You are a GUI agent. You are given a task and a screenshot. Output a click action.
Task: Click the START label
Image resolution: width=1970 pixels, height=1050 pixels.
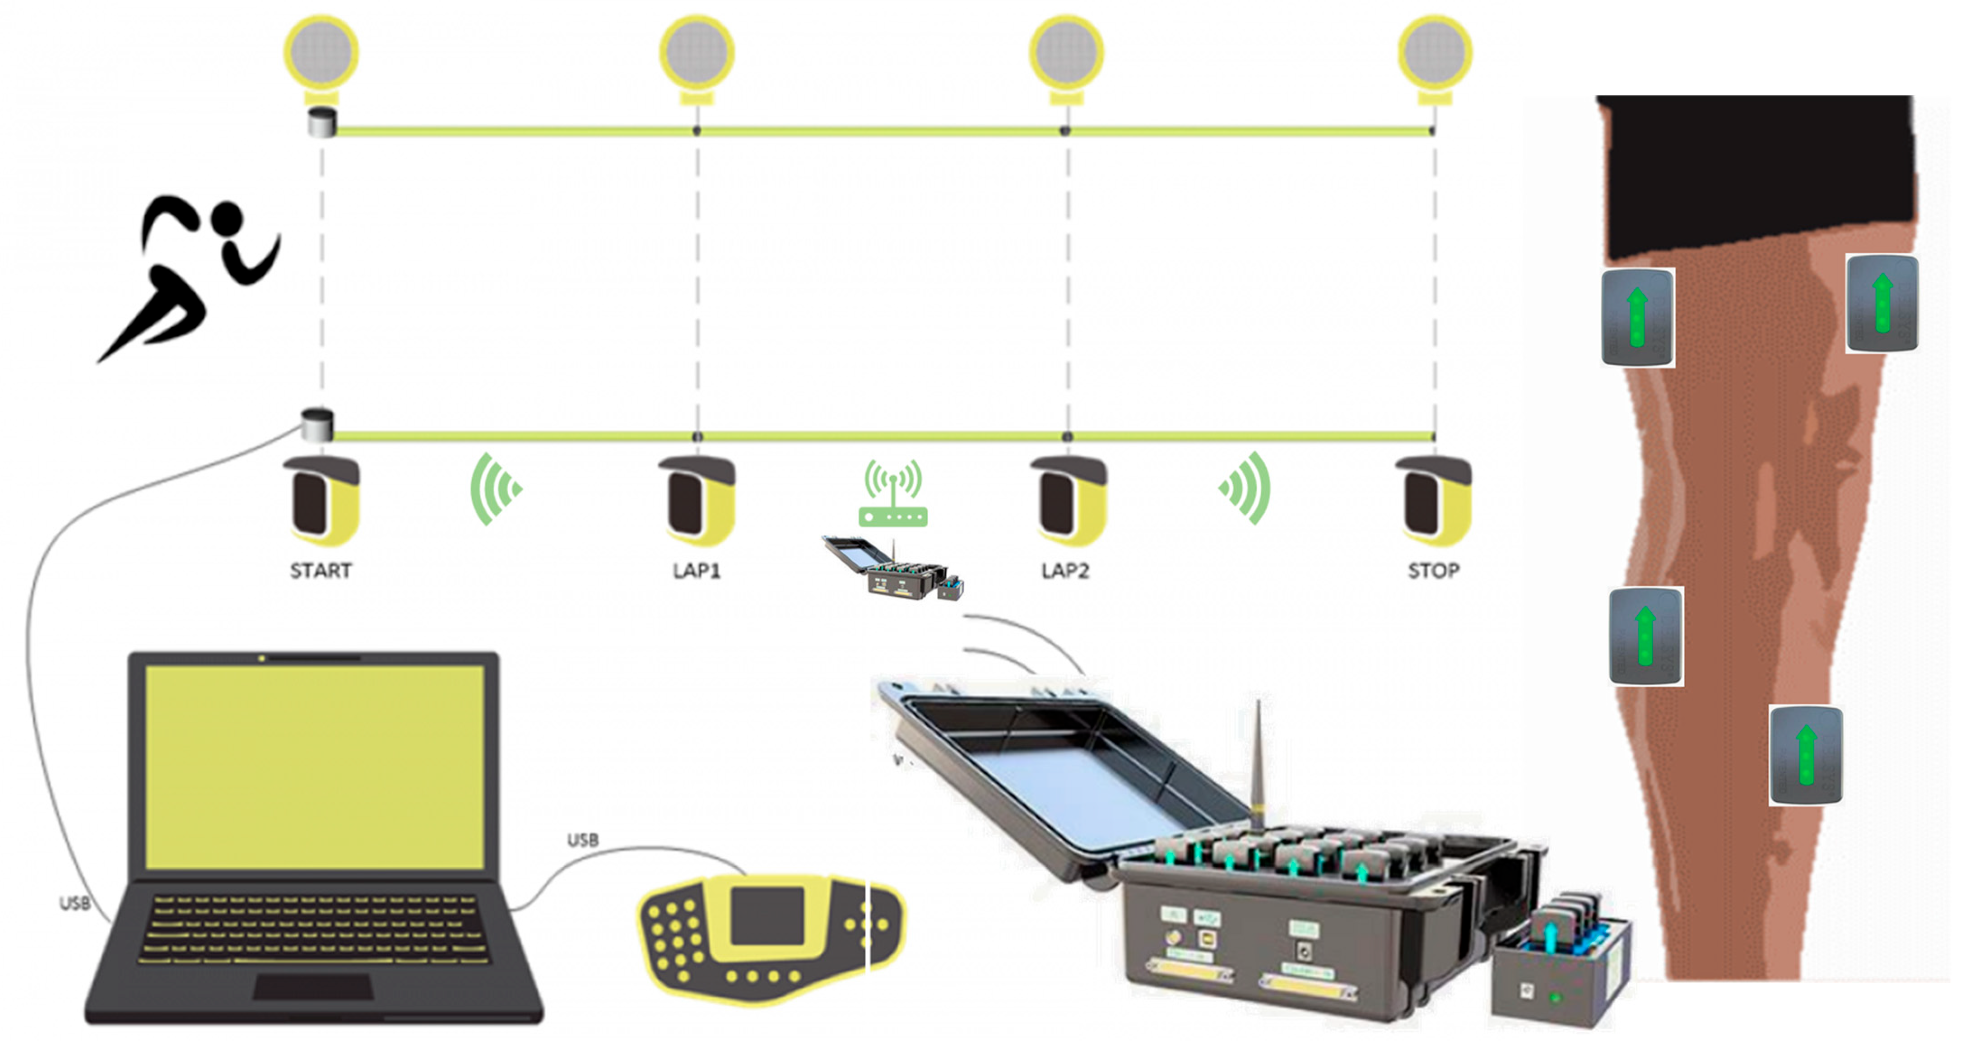(321, 571)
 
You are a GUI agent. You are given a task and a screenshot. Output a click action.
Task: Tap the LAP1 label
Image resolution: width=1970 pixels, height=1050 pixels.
(696, 571)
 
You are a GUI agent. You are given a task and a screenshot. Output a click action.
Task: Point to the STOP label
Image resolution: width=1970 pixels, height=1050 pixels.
(1433, 571)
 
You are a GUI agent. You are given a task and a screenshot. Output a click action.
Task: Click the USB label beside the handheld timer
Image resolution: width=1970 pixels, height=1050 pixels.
(583, 840)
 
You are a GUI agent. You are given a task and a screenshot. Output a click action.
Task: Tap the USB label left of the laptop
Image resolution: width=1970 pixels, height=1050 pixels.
(75, 903)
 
